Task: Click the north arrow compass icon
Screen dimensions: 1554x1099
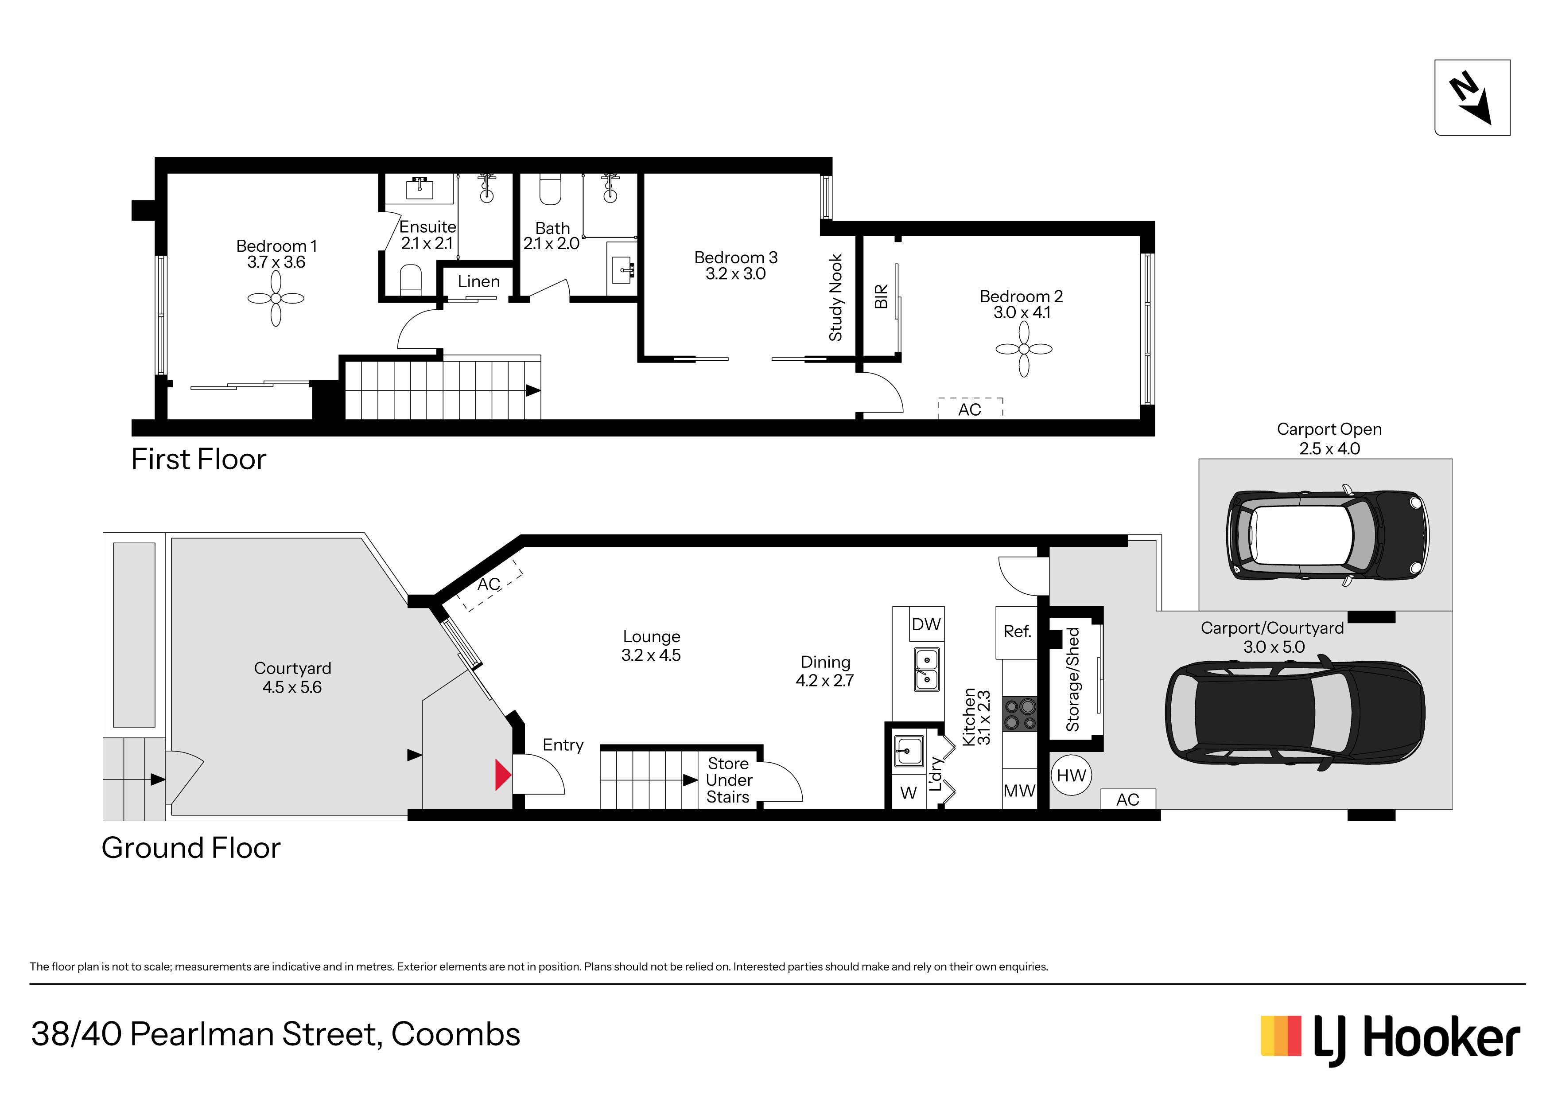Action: tap(1472, 97)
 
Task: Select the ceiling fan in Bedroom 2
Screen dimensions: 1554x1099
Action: tap(1024, 349)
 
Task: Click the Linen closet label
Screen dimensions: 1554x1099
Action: tap(478, 282)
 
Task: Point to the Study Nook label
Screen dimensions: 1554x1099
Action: tap(836, 297)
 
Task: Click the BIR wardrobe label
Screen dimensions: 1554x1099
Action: tap(881, 296)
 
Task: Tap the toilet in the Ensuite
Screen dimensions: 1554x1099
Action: tap(411, 280)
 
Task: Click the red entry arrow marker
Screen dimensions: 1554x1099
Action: tap(503, 776)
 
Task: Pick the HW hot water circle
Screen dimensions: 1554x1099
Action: tap(1072, 776)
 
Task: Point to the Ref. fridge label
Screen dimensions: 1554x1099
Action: tap(1017, 632)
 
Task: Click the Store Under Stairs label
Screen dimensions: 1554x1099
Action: tap(729, 780)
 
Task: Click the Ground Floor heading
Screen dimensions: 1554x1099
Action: tap(191, 848)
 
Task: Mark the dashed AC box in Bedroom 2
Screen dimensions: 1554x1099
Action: tap(971, 408)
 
